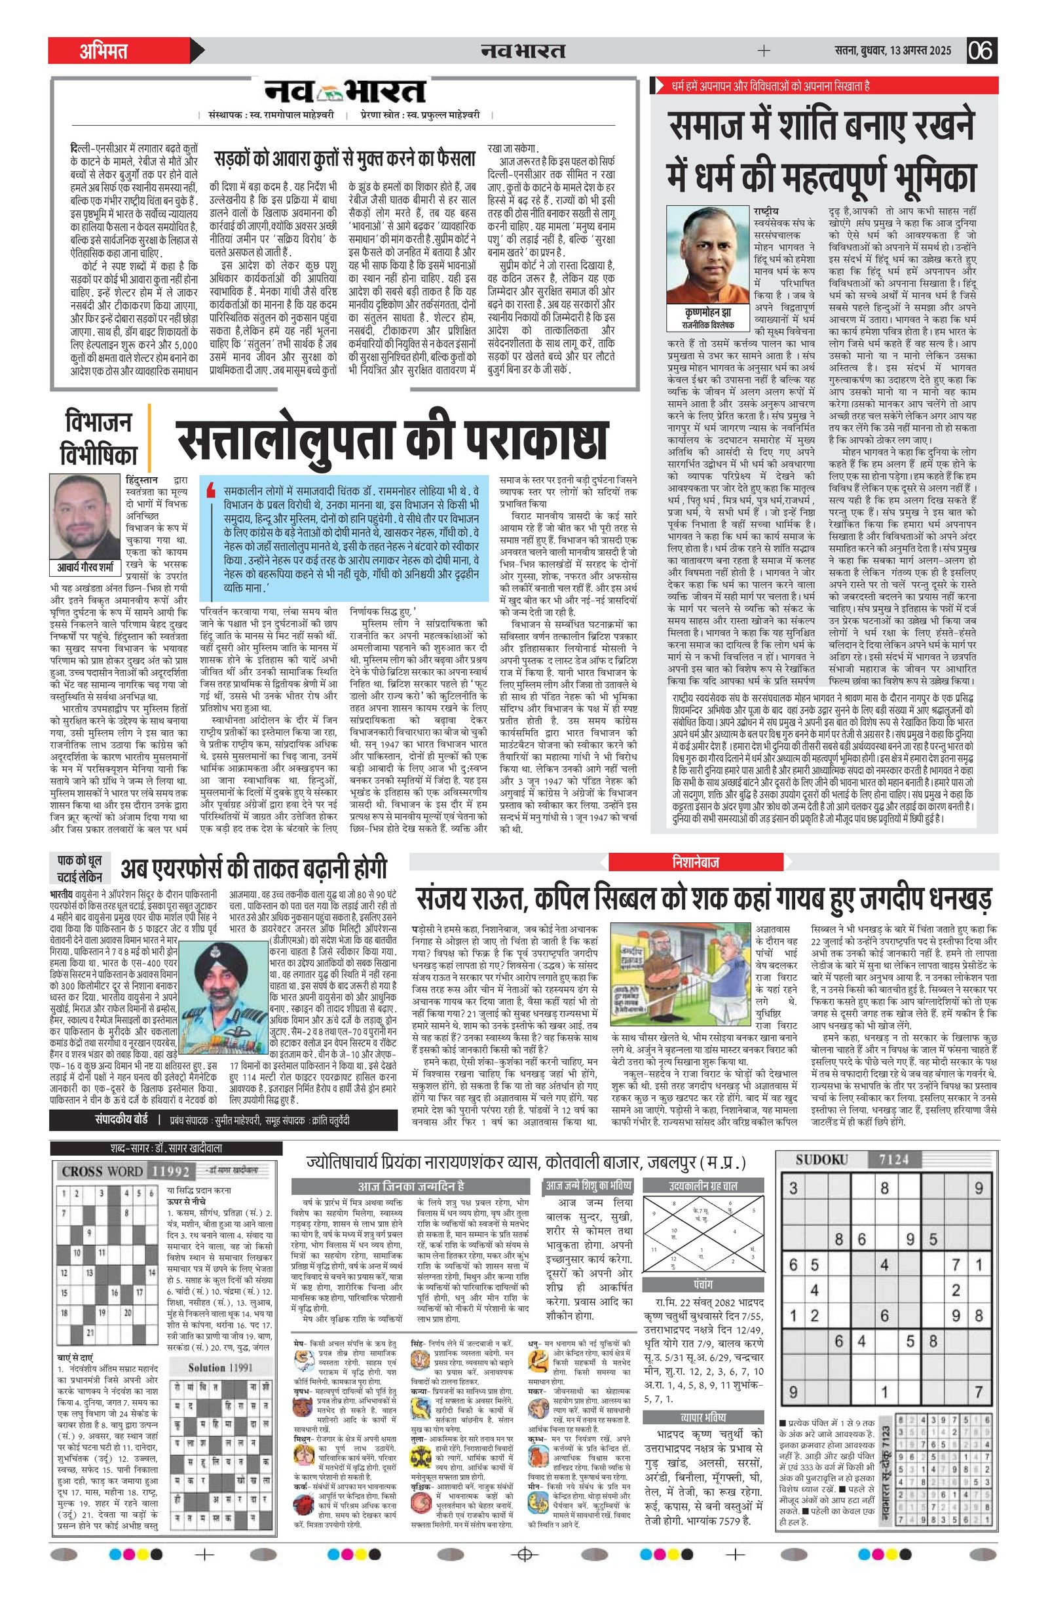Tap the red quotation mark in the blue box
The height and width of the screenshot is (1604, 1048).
(212, 487)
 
